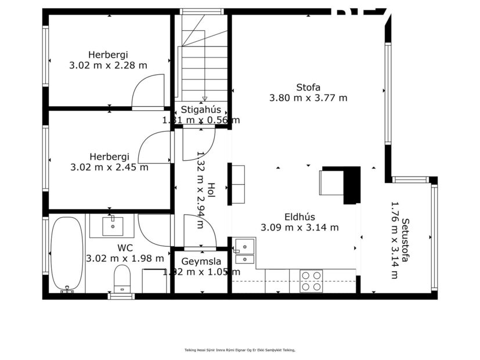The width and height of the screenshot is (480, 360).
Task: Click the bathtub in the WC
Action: [x=67, y=254]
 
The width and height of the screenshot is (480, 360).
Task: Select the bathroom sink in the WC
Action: [x=112, y=225]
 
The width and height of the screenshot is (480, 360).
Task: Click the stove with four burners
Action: [x=312, y=281]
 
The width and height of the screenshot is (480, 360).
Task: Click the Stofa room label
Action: [x=308, y=88]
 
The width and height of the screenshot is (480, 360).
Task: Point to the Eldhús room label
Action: [x=299, y=217]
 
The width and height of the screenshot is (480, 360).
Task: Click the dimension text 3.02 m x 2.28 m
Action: [x=108, y=66]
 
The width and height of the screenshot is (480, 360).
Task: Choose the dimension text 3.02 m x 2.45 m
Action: [x=109, y=167]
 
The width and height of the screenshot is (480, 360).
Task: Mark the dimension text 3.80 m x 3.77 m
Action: [x=308, y=98]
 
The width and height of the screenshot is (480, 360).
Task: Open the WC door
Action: [x=153, y=230]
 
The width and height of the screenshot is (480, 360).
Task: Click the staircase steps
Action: [x=204, y=70]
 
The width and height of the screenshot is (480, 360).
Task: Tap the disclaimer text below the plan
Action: [x=240, y=350]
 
